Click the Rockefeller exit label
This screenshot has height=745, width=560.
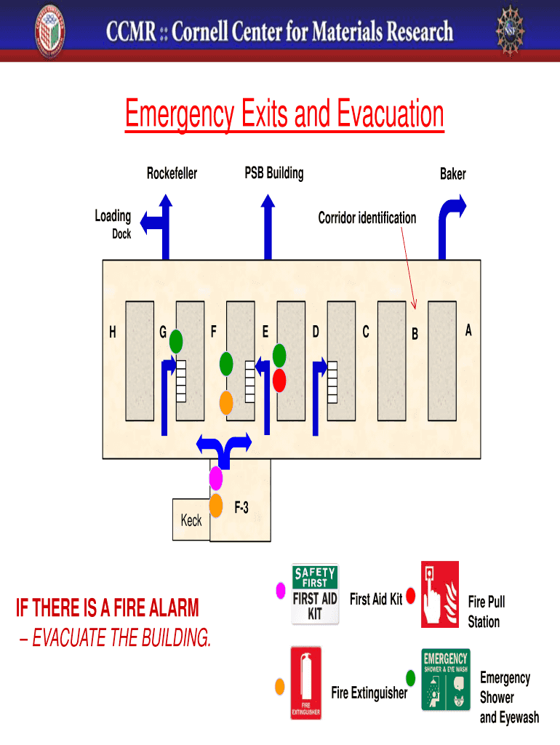pyautogui.click(x=172, y=174)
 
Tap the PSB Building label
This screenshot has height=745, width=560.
pyautogui.click(x=273, y=173)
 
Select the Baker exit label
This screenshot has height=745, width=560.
pyautogui.click(x=452, y=174)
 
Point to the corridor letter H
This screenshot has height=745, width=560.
pyautogui.click(x=112, y=332)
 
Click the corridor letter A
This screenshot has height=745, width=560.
pyautogui.click(x=468, y=330)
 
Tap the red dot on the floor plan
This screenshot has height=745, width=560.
pyautogui.click(x=279, y=380)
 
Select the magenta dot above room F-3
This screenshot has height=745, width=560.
pyautogui.click(x=215, y=478)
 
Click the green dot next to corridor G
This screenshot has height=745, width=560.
pyautogui.click(x=176, y=340)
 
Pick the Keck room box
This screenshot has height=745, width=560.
pyautogui.click(x=191, y=519)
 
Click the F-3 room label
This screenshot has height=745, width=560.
pyautogui.click(x=241, y=508)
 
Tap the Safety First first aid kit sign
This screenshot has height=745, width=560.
pyautogui.click(x=315, y=594)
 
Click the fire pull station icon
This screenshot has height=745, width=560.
pyautogui.click(x=439, y=594)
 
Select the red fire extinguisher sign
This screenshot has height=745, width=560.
pyautogui.click(x=305, y=683)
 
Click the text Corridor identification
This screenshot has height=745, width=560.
pyautogui.click(x=367, y=218)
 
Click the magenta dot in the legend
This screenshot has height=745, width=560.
pyautogui.click(x=279, y=591)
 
